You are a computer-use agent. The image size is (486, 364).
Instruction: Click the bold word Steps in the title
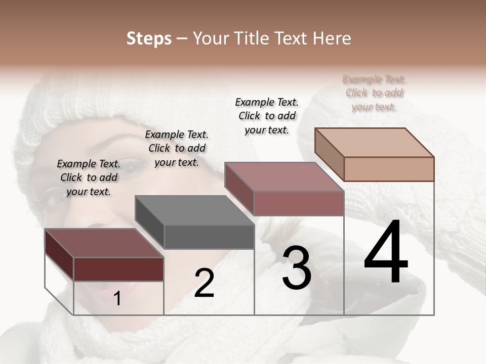click(x=149, y=39)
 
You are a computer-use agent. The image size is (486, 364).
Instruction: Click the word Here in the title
click(x=333, y=38)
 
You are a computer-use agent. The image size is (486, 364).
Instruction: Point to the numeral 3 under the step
click(x=297, y=267)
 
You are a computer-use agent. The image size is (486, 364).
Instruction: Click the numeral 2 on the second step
click(x=204, y=283)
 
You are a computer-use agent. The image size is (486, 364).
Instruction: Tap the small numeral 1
click(x=117, y=299)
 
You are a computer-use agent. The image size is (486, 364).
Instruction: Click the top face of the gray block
click(x=194, y=210)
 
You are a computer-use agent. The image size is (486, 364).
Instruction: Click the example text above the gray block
click(x=177, y=148)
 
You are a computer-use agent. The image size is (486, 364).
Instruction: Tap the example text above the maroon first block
click(x=89, y=177)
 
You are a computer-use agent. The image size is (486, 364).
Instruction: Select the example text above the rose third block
click(x=267, y=116)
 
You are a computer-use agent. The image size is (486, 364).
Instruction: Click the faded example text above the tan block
click(x=374, y=93)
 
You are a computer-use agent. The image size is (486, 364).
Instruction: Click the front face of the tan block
click(x=389, y=169)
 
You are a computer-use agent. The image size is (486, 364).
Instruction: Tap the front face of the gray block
click(x=209, y=237)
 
